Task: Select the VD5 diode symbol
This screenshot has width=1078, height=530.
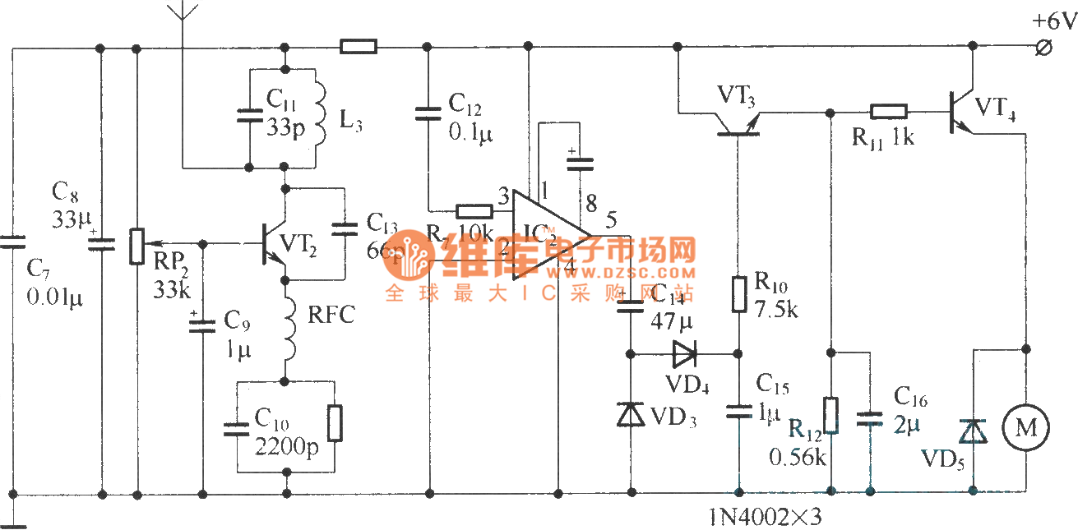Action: click(x=974, y=431)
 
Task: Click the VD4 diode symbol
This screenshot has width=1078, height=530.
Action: click(x=684, y=355)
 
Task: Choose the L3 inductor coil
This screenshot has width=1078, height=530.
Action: click(x=317, y=115)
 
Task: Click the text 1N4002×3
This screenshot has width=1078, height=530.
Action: click(x=765, y=518)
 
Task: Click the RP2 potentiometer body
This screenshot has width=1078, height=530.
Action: click(x=136, y=243)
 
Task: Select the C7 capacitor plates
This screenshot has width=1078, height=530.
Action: click(x=13, y=242)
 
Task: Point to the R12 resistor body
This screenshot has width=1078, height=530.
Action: click(x=831, y=416)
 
